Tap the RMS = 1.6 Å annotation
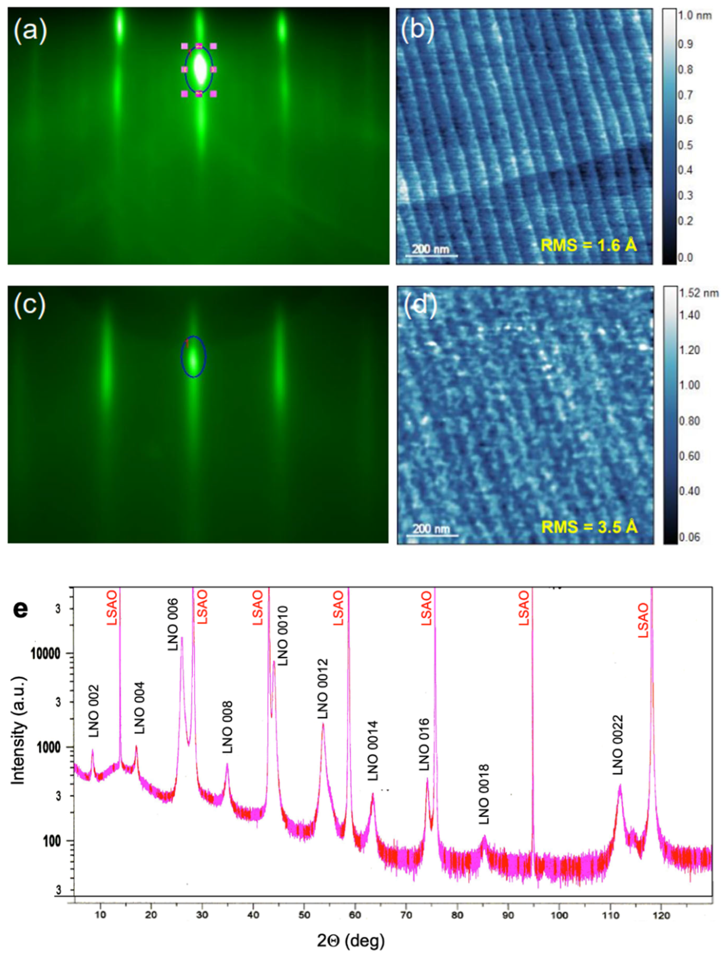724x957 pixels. [x=589, y=245]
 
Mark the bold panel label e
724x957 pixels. [x=21, y=608]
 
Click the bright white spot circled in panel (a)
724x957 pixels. [x=200, y=69]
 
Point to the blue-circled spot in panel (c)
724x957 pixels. [x=194, y=357]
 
